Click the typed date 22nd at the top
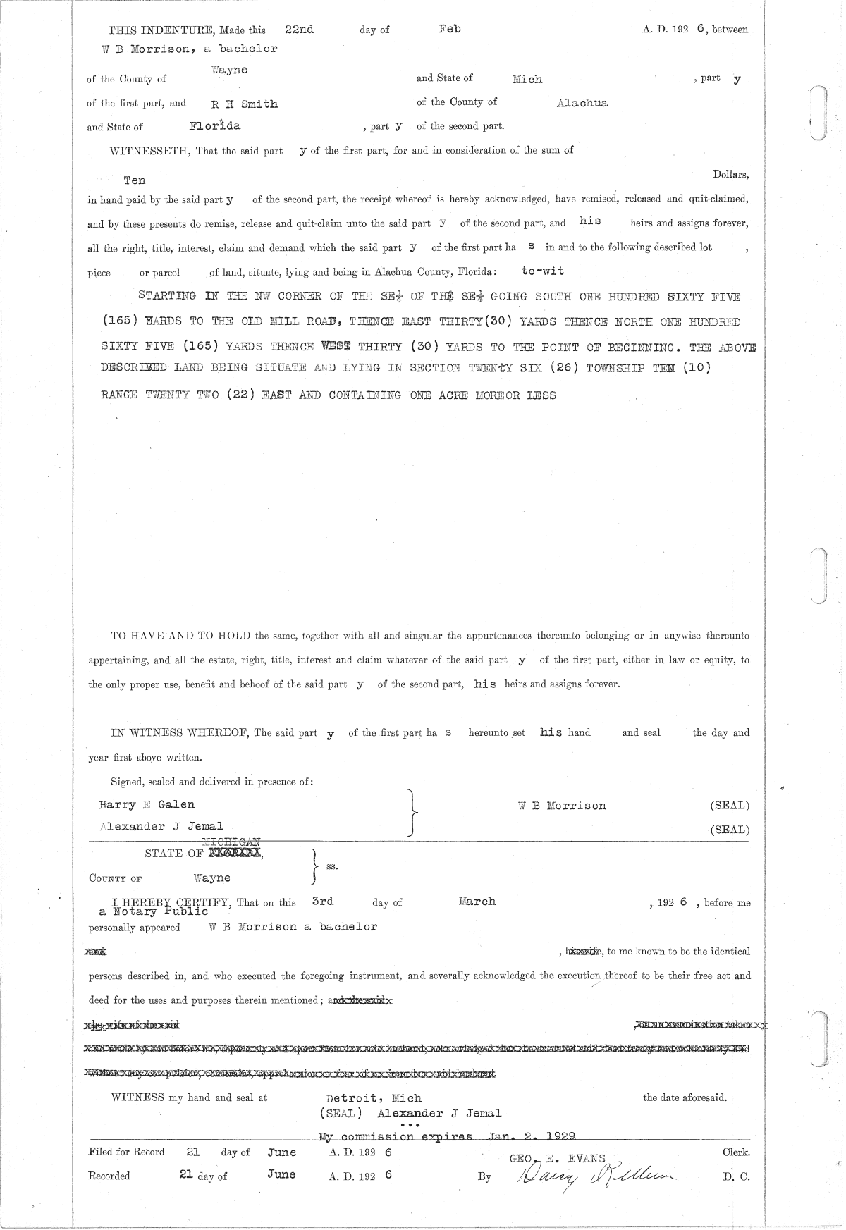pyautogui.click(x=299, y=30)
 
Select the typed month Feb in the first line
pyautogui.click(x=449, y=30)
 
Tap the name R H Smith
pyautogui.click(x=245, y=104)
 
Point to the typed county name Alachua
pyautogui.click(x=582, y=103)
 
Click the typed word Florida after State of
pyautogui.click(x=215, y=126)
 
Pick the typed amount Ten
pyautogui.click(x=135, y=180)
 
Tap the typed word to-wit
pyautogui.click(x=542, y=271)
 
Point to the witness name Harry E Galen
pyautogui.click(x=147, y=804)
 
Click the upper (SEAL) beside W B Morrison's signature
pyautogui.click(x=730, y=806)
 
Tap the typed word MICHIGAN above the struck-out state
pyautogui.click(x=231, y=842)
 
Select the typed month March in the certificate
pyautogui.click(x=477, y=902)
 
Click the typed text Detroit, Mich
pyautogui.click(x=374, y=1098)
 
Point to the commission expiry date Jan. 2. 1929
pyautogui.click(x=532, y=1136)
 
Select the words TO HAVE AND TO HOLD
pyautogui.click(x=180, y=636)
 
